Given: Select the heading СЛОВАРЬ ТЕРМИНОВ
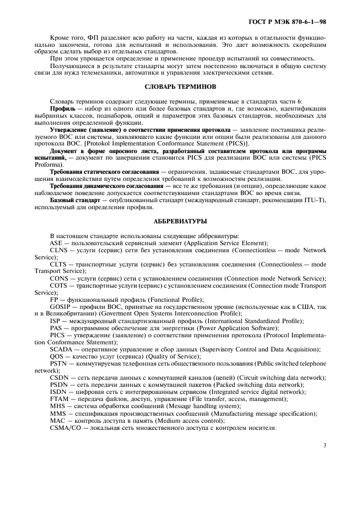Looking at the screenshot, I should click(x=180, y=87).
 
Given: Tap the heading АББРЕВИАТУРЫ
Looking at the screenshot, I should click(x=180, y=222).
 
